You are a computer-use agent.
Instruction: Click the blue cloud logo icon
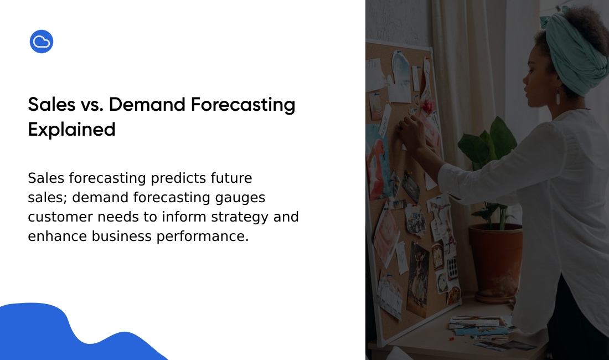tap(42, 42)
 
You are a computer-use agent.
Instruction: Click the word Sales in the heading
tap(51, 105)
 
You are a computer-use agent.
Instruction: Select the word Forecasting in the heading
tap(243, 105)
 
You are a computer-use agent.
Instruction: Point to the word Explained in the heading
tap(72, 130)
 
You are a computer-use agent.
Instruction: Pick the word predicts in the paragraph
tap(178, 178)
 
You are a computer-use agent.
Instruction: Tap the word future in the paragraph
tap(231, 178)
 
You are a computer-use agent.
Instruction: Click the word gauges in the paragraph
tap(240, 198)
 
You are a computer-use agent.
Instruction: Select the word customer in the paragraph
tap(60, 217)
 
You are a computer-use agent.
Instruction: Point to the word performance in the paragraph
tap(202, 236)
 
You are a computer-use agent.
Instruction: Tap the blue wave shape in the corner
tap(58, 338)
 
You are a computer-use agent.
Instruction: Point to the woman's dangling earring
tap(558, 96)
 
